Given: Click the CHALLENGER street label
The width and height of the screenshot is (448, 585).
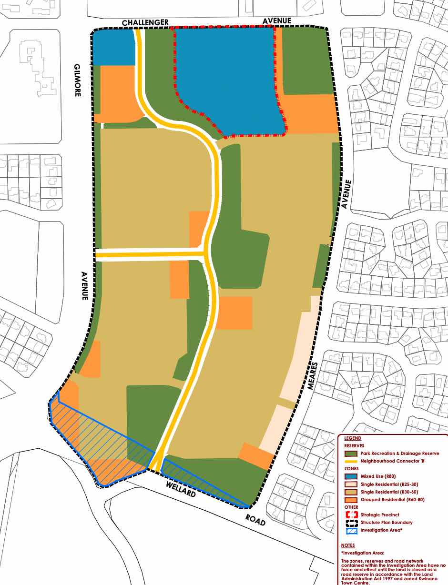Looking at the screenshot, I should pos(145,22).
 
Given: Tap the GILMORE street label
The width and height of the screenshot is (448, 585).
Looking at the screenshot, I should pos(77,80).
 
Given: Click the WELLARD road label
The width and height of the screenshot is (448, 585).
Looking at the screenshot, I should pos(181,489).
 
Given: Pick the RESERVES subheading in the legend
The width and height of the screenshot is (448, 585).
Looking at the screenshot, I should pos(354,445).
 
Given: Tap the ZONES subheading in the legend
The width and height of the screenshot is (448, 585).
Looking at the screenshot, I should pos(351,469).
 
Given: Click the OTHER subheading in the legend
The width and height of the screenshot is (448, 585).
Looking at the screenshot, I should pos(351,507).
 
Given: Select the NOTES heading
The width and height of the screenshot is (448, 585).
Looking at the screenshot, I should pos(348,545).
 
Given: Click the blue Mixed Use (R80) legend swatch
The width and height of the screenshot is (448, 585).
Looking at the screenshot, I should pos(351,476).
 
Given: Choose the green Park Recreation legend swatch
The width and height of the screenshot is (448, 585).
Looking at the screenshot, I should pos(351,454).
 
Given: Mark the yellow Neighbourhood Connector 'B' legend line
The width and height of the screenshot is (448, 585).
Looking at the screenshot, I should pos(351,461).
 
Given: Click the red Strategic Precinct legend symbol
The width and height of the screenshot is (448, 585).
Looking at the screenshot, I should pos(351,515).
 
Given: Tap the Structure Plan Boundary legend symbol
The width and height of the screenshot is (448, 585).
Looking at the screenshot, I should pos(351,523).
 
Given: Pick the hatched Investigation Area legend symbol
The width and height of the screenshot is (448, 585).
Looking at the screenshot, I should pos(351,530).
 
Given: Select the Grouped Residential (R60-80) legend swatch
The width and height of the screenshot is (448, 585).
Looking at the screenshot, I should pos(351,500).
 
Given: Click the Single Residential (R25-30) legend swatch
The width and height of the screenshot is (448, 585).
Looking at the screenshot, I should pos(351,484).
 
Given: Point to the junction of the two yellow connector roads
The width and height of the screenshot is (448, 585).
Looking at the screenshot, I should pos(206,253).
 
